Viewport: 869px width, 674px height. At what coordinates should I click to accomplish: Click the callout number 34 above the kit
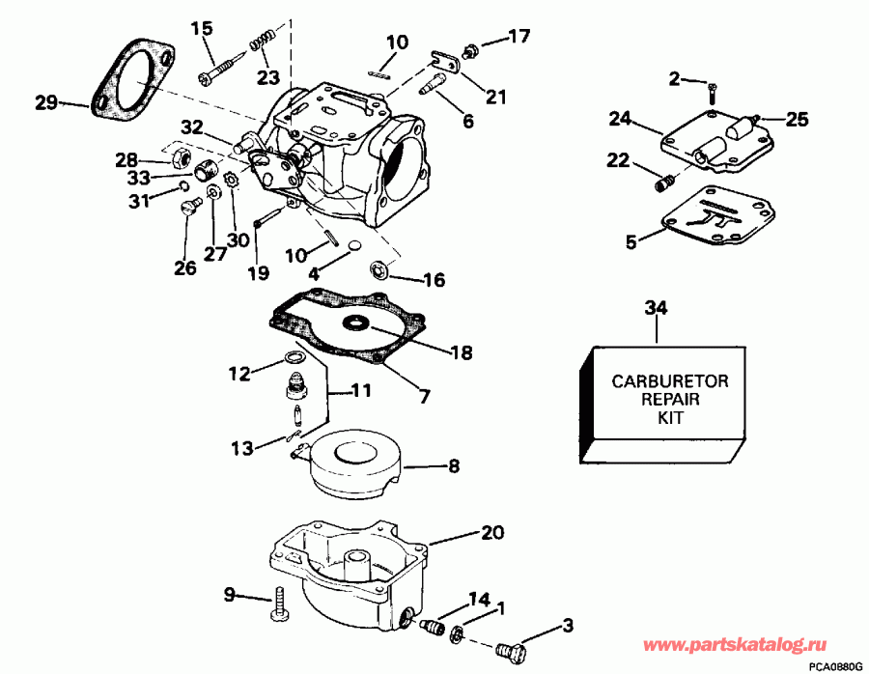[x=656, y=308]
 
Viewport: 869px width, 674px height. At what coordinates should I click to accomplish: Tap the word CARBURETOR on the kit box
[x=669, y=381]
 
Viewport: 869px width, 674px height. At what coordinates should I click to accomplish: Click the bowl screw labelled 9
[x=280, y=604]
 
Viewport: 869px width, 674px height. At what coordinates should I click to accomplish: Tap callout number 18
[x=462, y=353]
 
